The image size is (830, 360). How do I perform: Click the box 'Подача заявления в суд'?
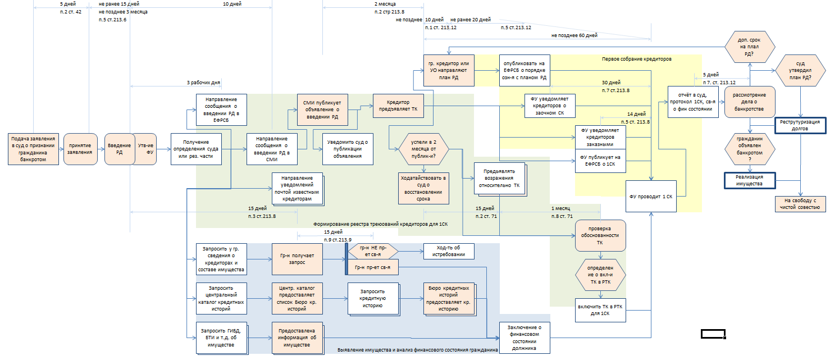(34, 149)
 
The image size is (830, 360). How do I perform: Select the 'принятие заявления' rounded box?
(80, 149)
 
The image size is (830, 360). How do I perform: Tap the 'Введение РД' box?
(118, 149)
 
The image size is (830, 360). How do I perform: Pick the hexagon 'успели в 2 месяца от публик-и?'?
(424, 149)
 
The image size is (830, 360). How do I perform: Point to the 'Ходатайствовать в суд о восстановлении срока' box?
(423, 188)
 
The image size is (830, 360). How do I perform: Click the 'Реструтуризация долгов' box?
(800, 125)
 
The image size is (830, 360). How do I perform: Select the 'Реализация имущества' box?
(750, 180)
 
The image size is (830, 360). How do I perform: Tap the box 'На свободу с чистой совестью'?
(800, 204)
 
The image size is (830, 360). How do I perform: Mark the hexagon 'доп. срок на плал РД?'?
(750, 48)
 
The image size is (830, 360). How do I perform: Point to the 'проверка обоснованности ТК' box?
(600, 236)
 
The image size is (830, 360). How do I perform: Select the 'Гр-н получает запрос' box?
(298, 259)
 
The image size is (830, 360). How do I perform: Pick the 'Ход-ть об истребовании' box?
(448, 251)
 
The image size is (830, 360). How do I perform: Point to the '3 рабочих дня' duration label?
(203, 83)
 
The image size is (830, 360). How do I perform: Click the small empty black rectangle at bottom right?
(713, 334)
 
